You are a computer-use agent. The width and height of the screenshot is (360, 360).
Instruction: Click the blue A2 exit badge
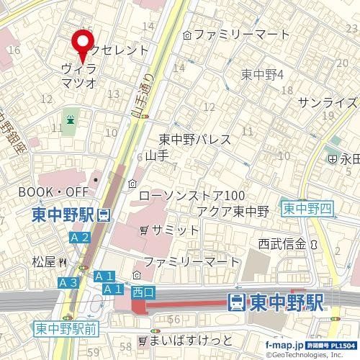point(80,238)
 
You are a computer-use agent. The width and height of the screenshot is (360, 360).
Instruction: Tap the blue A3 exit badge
point(68,282)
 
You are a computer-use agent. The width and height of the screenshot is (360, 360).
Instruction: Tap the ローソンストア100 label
point(191,196)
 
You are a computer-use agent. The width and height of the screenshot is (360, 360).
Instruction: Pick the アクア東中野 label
point(232,211)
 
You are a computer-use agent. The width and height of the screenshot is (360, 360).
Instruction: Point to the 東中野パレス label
point(194,139)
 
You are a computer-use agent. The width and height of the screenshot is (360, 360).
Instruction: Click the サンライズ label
point(328,102)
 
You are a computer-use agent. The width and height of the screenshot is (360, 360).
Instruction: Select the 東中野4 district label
point(263,74)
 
